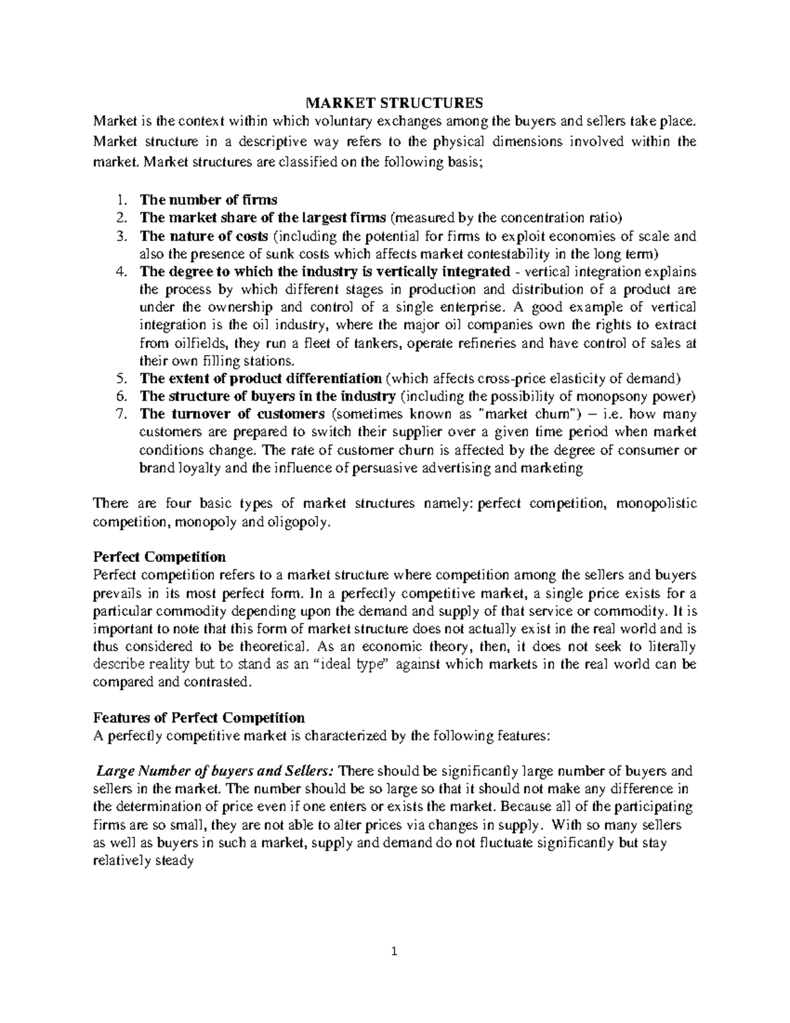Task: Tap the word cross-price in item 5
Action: point(507,379)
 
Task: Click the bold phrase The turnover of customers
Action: point(232,414)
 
